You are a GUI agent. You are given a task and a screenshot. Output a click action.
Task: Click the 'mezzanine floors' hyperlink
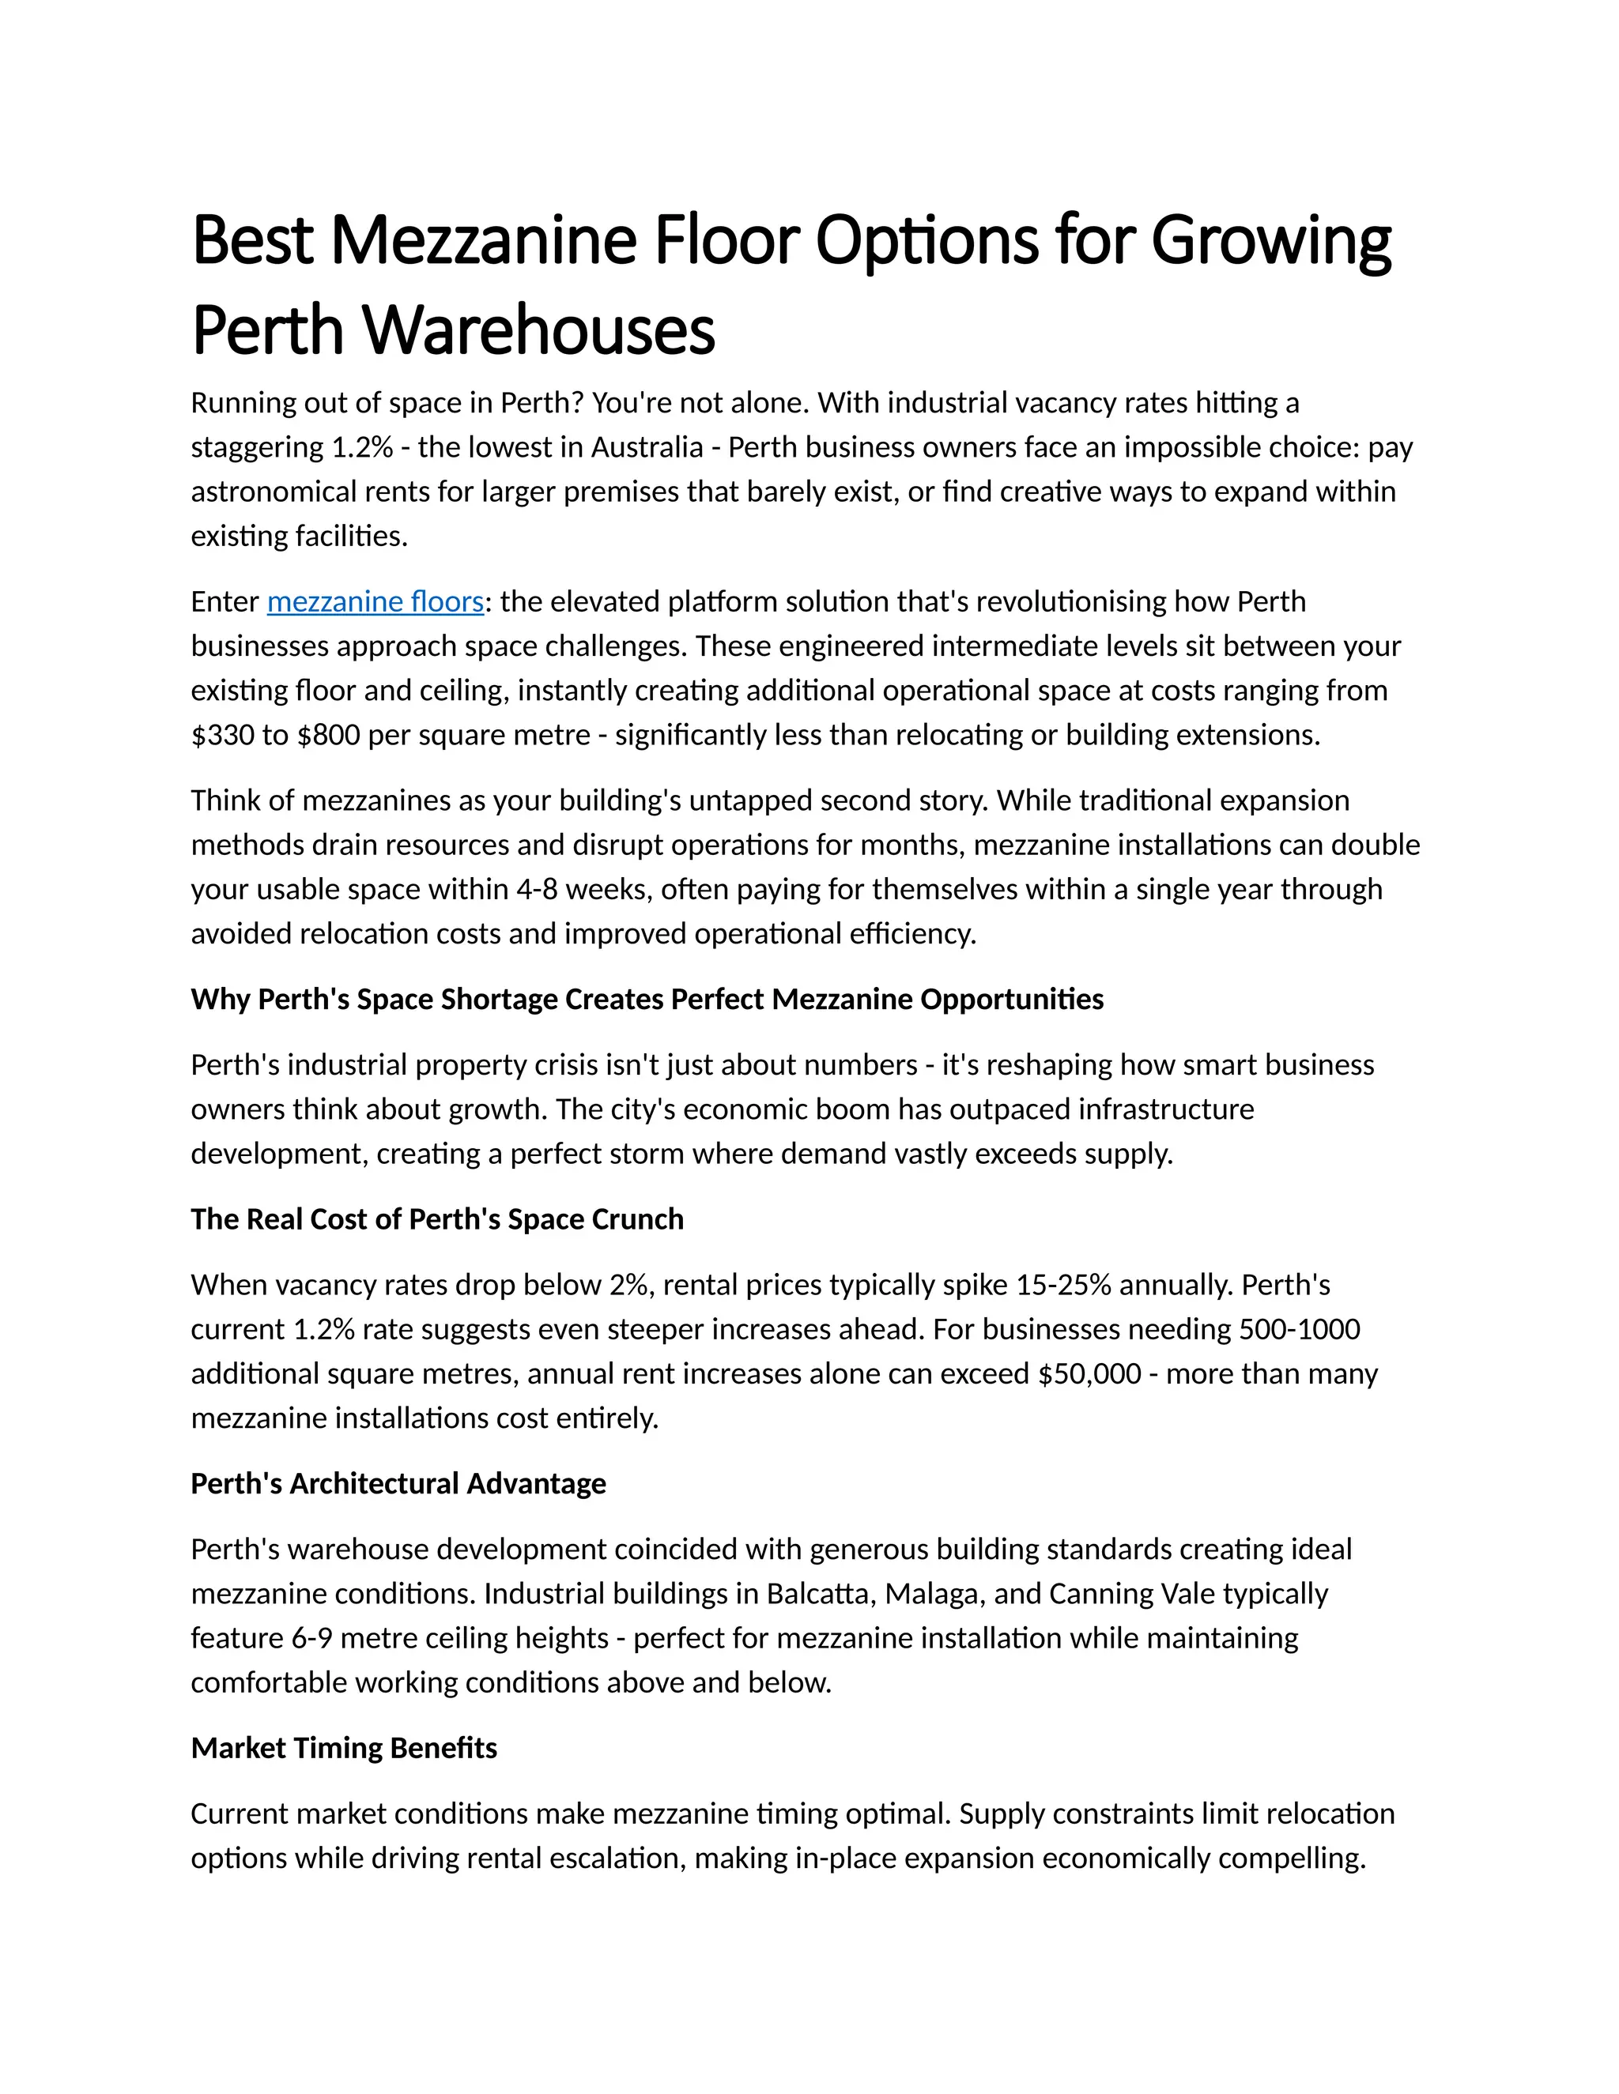point(375,602)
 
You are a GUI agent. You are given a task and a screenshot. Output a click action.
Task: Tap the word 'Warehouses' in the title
point(539,330)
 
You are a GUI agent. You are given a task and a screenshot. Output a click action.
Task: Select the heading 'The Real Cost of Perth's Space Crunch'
point(437,1218)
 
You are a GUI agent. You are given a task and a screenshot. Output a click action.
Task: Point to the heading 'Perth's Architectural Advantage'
point(398,1483)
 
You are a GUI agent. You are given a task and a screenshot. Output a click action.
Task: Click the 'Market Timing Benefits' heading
point(343,1748)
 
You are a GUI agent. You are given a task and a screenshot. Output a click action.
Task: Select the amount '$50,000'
point(1089,1374)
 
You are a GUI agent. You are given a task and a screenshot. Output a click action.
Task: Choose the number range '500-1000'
point(1300,1330)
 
